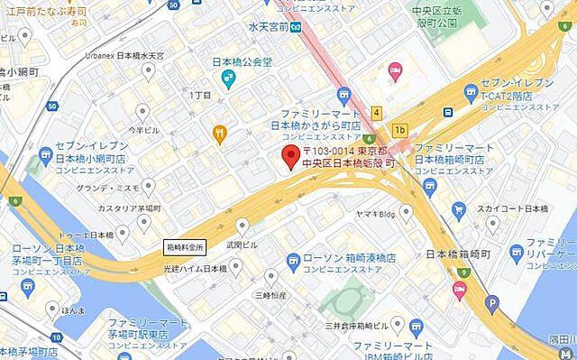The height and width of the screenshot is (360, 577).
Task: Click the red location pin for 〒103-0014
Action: click(x=290, y=157)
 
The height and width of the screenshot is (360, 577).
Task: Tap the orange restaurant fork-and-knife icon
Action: click(x=218, y=134)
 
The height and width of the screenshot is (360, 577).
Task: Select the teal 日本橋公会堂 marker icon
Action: click(x=229, y=80)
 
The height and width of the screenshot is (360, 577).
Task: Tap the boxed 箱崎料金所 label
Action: click(x=187, y=245)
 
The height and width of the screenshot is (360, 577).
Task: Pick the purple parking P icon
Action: click(x=491, y=305)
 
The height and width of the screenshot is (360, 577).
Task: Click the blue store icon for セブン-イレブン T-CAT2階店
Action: click(x=470, y=91)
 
